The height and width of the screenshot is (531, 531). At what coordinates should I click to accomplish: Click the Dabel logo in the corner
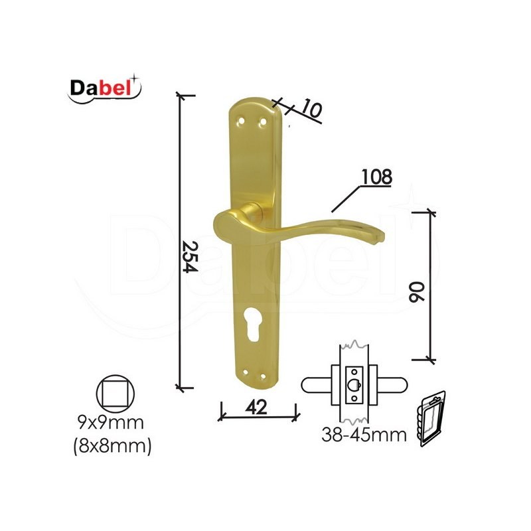104,88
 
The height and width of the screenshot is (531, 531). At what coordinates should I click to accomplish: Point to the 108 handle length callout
376,177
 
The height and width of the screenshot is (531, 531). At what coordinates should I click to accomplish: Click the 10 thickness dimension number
310,108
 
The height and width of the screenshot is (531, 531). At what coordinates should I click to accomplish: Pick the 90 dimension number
416,291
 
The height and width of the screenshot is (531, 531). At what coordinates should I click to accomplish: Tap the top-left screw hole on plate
241,121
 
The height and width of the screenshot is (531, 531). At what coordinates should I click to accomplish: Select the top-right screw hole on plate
262,121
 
